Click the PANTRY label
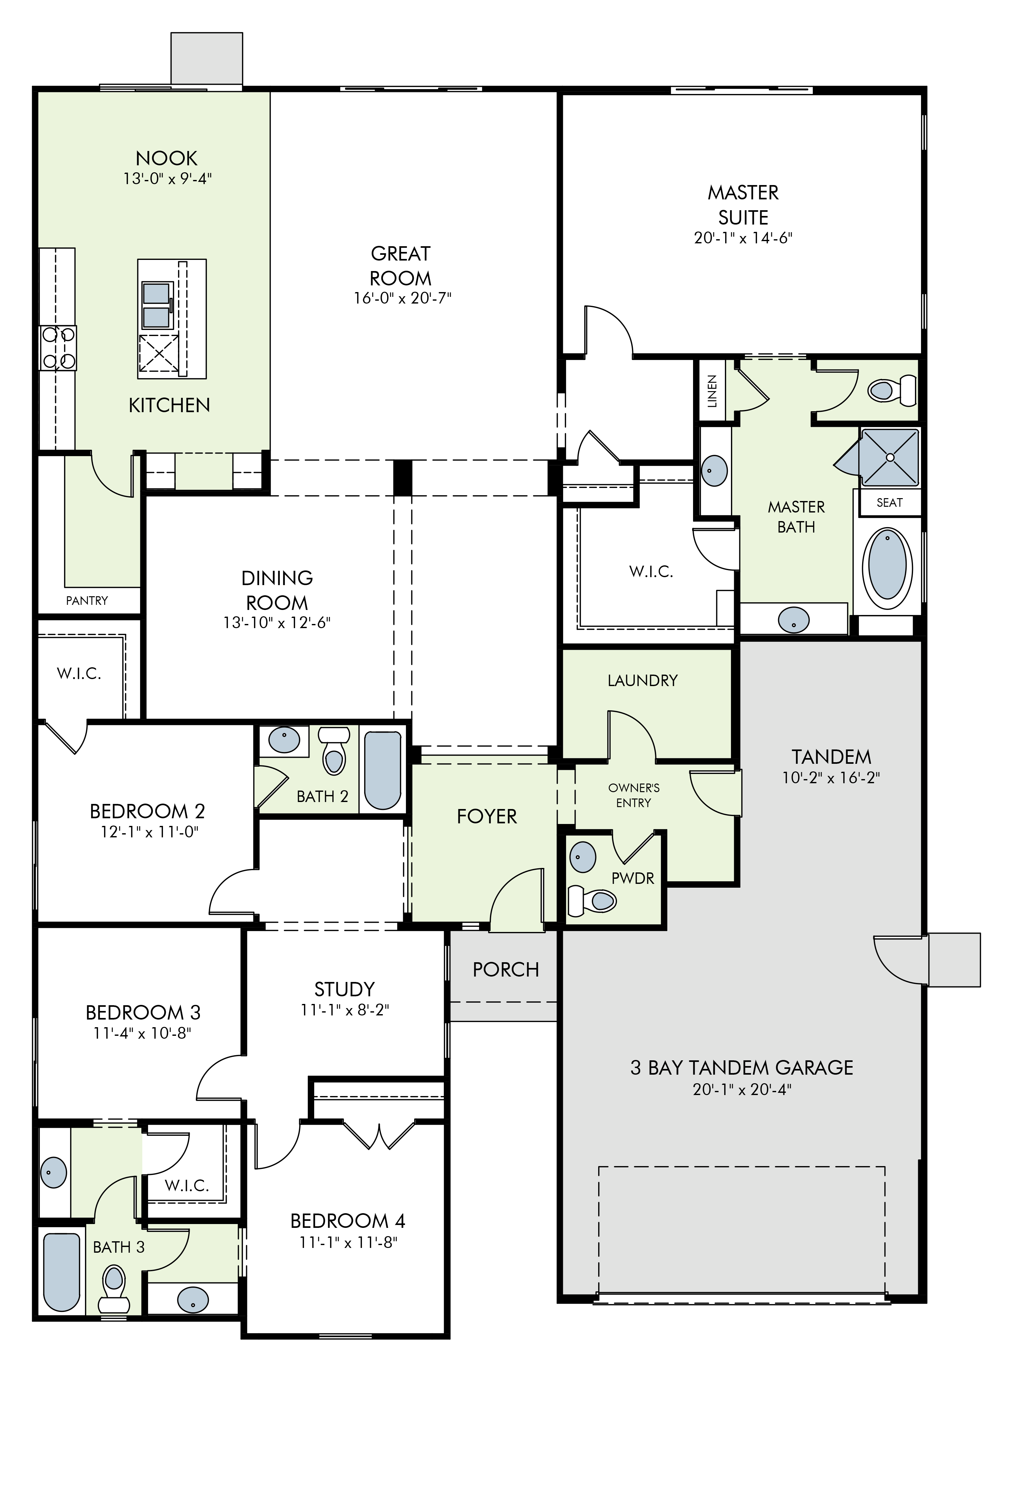pyautogui.click(x=87, y=600)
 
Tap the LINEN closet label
pyautogui.click(x=712, y=391)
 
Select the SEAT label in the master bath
pyautogui.click(x=889, y=502)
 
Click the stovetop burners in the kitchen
pyautogui.click(x=58, y=348)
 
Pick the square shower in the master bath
pyautogui.click(x=890, y=457)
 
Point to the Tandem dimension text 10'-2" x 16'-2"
pyautogui.click(x=831, y=777)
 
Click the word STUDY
pyautogui.click(x=344, y=989)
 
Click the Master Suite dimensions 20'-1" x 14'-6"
pyautogui.click(x=743, y=238)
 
